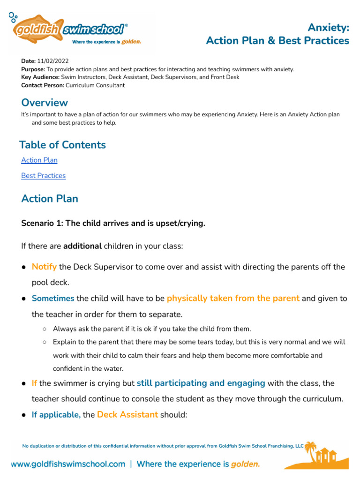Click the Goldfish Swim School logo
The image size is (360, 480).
click(x=70, y=30)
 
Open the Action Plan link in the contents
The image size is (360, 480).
click(x=39, y=160)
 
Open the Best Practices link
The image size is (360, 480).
click(x=43, y=176)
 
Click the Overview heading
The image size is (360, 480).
click(x=45, y=103)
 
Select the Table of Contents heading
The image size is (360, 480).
click(x=62, y=145)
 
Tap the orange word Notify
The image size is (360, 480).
click(x=44, y=267)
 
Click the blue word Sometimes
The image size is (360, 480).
click(x=53, y=299)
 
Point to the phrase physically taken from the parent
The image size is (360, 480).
click(x=233, y=299)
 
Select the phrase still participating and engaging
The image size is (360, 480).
click(x=201, y=383)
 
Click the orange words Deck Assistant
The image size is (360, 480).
click(x=127, y=415)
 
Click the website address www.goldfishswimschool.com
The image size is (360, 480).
click(x=68, y=464)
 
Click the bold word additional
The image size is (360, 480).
click(x=82, y=246)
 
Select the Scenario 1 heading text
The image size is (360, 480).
click(x=113, y=223)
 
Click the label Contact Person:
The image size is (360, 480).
click(x=43, y=86)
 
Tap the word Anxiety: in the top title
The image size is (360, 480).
click(x=328, y=28)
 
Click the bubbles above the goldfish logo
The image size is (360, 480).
click(x=13, y=17)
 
